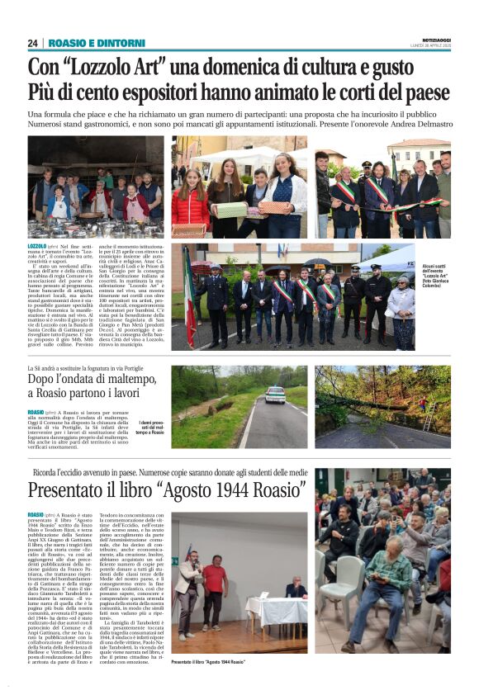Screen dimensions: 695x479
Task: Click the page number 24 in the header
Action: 33,43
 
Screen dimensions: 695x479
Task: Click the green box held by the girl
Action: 231,210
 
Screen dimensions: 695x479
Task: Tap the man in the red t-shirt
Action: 216,583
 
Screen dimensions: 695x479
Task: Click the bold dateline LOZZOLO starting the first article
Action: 37,246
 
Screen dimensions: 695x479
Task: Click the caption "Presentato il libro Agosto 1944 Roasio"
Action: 208,662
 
